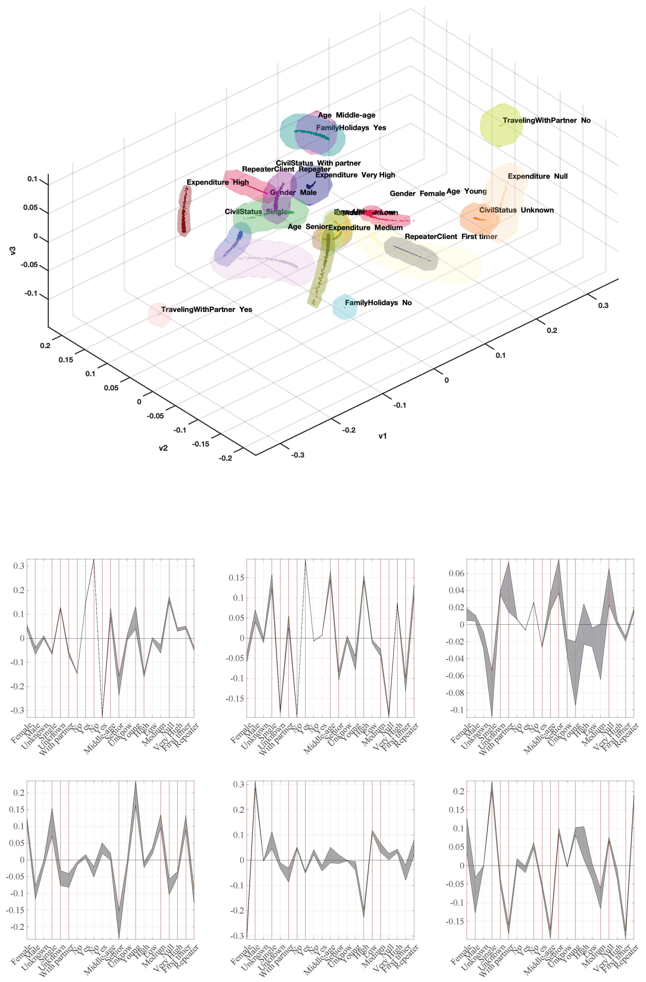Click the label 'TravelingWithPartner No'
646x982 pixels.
(x=546, y=120)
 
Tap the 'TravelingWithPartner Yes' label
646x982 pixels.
(x=206, y=309)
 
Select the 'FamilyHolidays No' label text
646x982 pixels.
(x=378, y=303)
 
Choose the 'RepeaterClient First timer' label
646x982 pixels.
(x=450, y=236)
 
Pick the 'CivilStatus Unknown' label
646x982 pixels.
(x=516, y=210)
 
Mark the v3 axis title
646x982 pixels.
(x=13, y=251)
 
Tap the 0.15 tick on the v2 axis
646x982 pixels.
(x=66, y=360)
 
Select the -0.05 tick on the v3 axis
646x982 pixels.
(x=29, y=264)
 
